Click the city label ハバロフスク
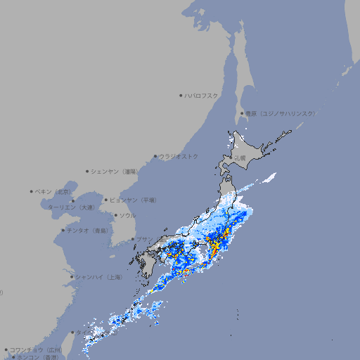pyautogui.click(x=202, y=95)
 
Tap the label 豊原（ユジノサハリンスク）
pyautogui.click(x=281, y=113)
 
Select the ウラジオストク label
pyautogui.click(x=179, y=156)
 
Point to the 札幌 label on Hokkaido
pyautogui.click(x=240, y=157)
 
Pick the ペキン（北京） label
pyautogui.click(x=53, y=191)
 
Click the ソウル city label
pyautogui.click(x=127, y=216)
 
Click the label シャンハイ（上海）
pyautogui.click(x=99, y=277)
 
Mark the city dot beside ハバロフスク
pyautogui.click(x=181, y=95)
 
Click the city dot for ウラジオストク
pyautogui.click(x=155, y=156)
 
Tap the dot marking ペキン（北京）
pyautogui.click(x=32, y=191)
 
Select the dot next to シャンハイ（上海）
pyautogui.click(x=72, y=277)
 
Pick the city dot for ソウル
pyautogui.click(x=115, y=216)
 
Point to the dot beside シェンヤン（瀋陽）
pyautogui.click(x=87, y=171)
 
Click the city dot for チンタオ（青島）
pyautogui.click(x=63, y=230)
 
